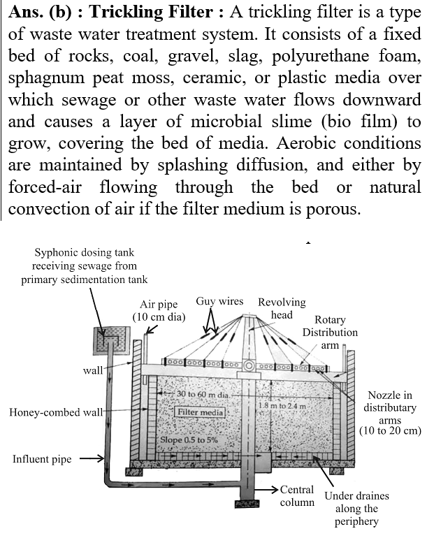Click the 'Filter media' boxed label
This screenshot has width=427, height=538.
[200, 412]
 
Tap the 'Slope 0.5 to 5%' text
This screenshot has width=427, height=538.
[189, 440]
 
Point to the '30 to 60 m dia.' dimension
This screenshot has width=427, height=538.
[203, 394]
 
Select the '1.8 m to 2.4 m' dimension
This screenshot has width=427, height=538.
[282, 405]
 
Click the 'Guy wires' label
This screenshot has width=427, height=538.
[219, 302]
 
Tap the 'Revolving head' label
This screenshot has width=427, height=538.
[282, 308]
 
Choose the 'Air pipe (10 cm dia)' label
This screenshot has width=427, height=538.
[159, 310]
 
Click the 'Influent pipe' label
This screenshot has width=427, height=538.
[42, 459]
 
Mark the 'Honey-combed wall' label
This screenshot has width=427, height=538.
[56, 412]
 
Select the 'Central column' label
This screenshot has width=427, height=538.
[297, 496]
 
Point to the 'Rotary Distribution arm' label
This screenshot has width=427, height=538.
[330, 332]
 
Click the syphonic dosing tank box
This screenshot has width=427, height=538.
[113, 340]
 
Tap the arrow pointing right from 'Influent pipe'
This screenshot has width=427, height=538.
[92, 458]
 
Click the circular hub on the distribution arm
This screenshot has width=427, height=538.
[249, 366]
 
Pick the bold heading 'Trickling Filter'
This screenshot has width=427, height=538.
[151, 12]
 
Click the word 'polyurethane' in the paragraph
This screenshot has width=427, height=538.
[321, 57]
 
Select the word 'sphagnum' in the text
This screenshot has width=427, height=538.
[46, 78]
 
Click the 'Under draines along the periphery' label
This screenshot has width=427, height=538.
[356, 509]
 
